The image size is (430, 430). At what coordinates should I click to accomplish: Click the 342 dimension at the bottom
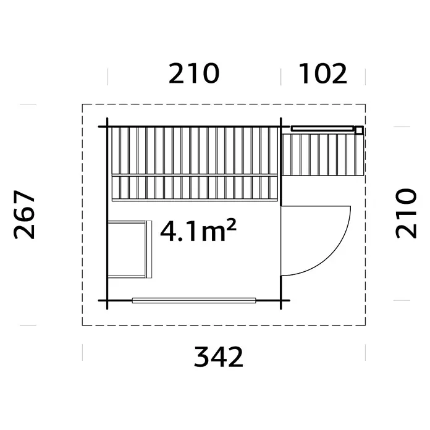click(219, 356)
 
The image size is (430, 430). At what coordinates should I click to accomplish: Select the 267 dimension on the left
click(24, 215)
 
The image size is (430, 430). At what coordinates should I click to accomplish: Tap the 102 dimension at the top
click(322, 74)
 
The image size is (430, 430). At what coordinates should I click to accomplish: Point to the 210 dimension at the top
click(194, 74)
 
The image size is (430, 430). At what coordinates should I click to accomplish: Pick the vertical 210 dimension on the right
click(406, 213)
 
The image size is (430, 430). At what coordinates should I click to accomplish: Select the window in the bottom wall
click(194, 300)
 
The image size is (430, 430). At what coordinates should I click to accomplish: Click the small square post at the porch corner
click(359, 130)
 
